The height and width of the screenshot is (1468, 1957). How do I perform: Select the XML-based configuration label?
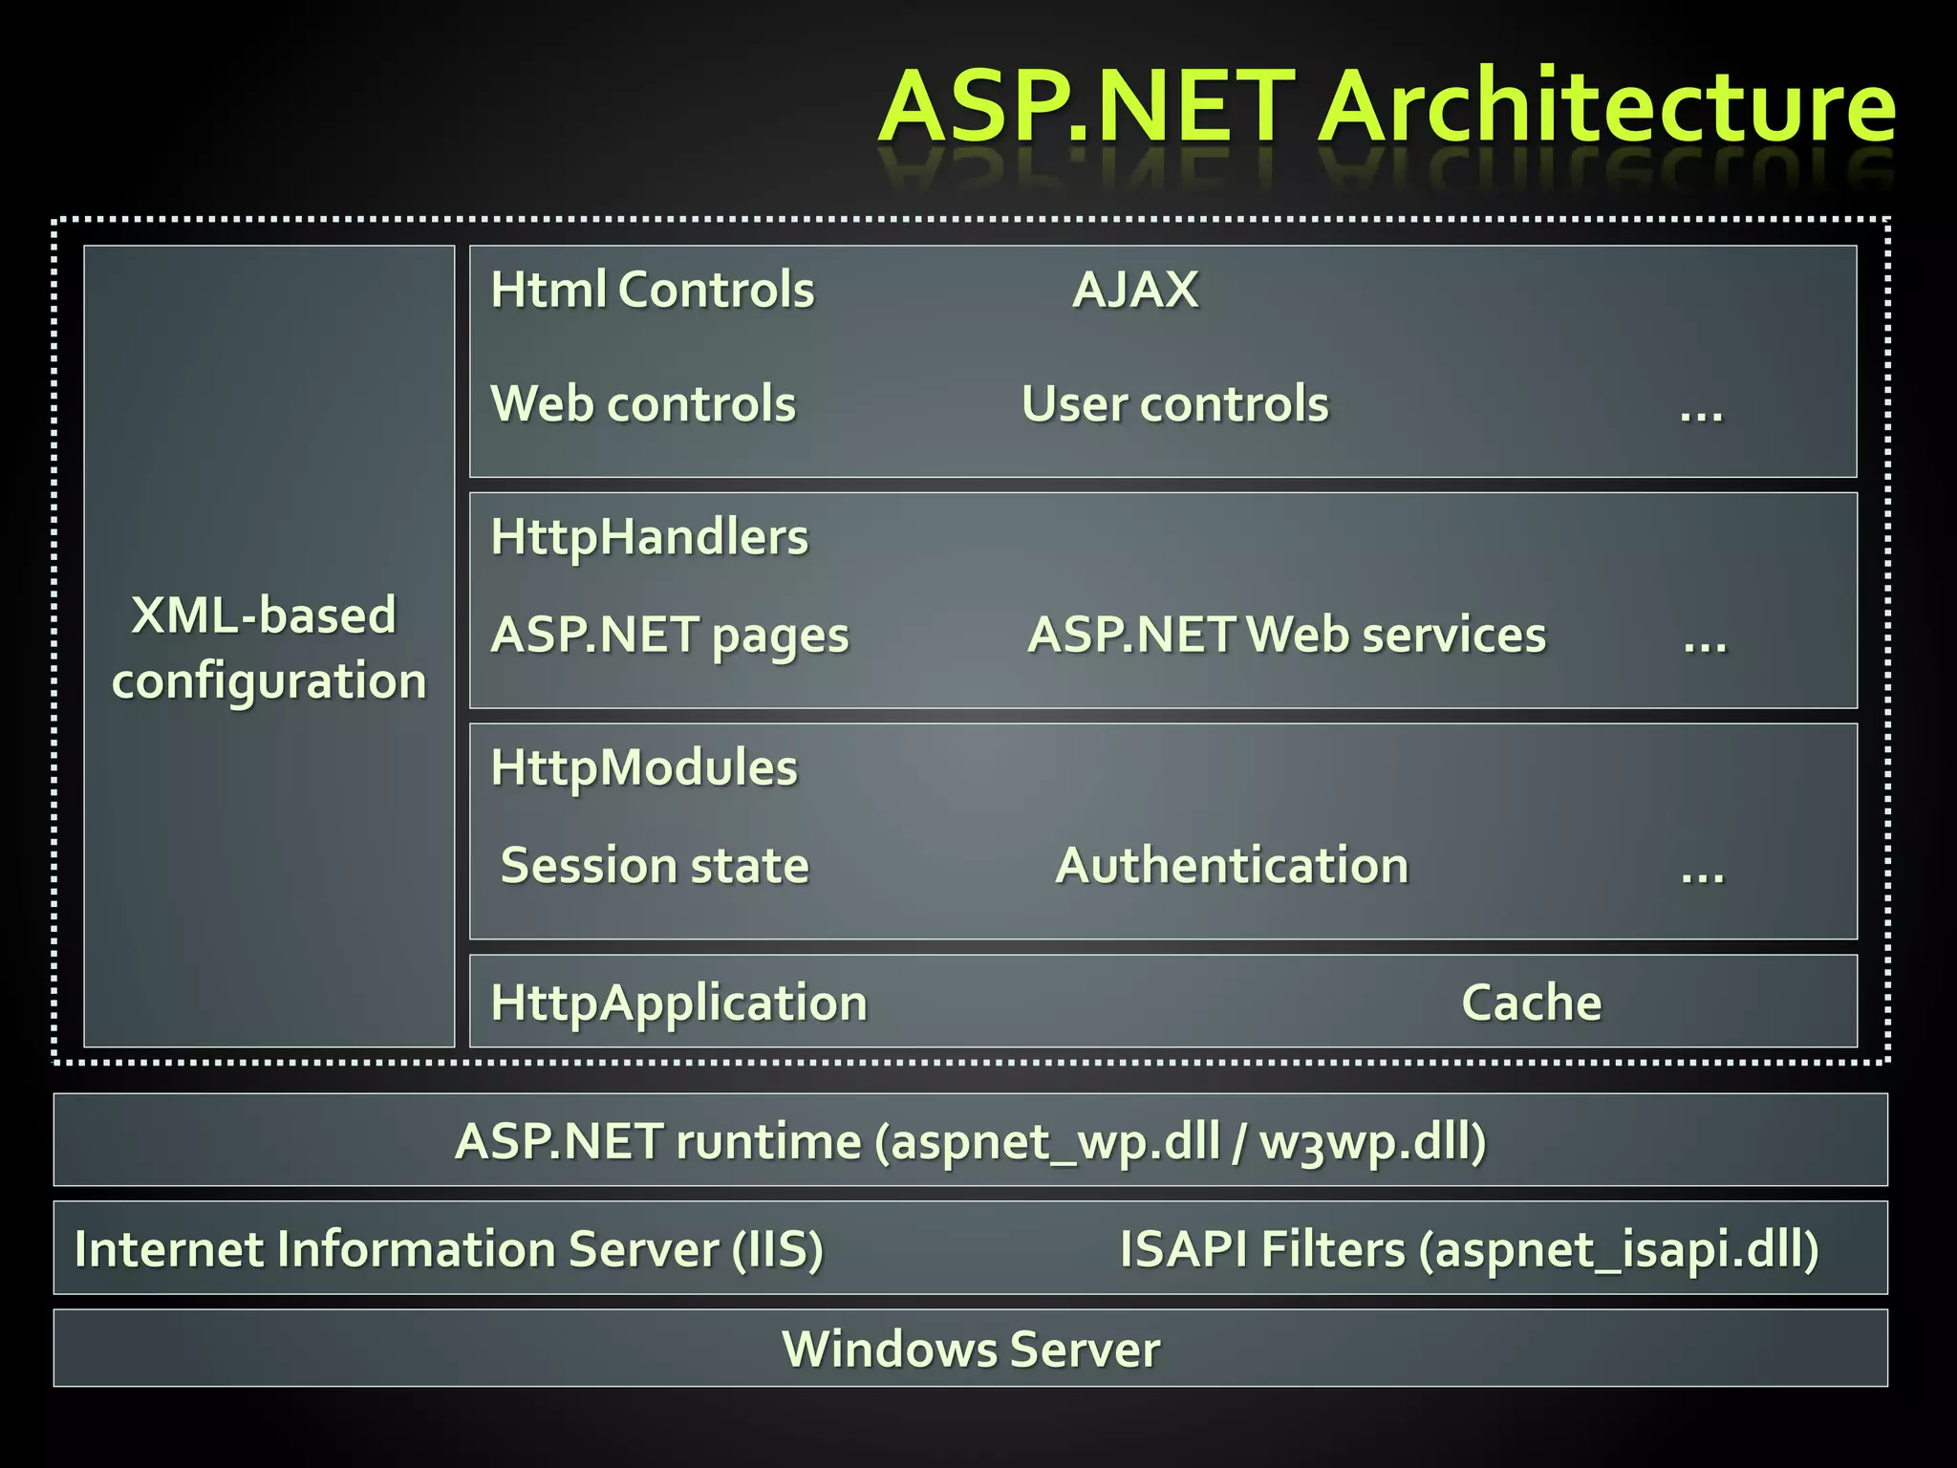[x=268, y=647]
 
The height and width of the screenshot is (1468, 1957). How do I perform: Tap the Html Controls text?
[x=652, y=290]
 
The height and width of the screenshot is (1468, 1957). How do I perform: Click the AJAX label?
[x=1135, y=290]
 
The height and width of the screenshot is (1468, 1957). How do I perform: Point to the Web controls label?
[x=642, y=403]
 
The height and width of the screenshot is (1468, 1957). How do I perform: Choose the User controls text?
[x=1174, y=403]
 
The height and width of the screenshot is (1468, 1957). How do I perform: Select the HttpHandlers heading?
[x=649, y=537]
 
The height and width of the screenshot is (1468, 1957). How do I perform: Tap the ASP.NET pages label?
[x=669, y=636]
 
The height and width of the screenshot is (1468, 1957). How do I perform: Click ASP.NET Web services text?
[x=1286, y=635]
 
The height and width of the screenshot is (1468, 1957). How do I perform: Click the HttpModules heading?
[x=643, y=767]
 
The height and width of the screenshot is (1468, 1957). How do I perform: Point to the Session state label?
[x=655, y=866]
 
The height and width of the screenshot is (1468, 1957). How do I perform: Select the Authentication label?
[x=1232, y=866]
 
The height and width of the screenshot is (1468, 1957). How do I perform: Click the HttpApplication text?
[x=678, y=1004]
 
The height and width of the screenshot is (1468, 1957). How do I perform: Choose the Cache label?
[x=1531, y=1003]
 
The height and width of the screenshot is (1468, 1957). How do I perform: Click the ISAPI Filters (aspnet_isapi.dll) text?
[x=1469, y=1249]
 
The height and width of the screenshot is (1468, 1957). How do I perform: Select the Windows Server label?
[x=971, y=1349]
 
